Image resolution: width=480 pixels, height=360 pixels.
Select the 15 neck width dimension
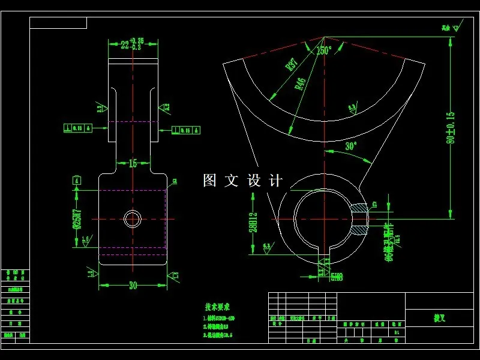pos(133,163)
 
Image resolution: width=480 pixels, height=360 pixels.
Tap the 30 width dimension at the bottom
pos(133,285)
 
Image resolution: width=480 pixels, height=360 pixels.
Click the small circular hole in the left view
pos(133,219)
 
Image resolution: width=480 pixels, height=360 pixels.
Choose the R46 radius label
pos(300,83)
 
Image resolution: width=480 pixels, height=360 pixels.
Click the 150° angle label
pos(324,50)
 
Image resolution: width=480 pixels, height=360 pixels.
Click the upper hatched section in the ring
pos(359,208)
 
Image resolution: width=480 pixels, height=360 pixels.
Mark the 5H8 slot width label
pos(337,277)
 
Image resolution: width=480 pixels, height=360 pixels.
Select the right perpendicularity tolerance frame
pos(186,130)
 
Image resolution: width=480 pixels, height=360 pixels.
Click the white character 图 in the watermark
pos(209,181)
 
